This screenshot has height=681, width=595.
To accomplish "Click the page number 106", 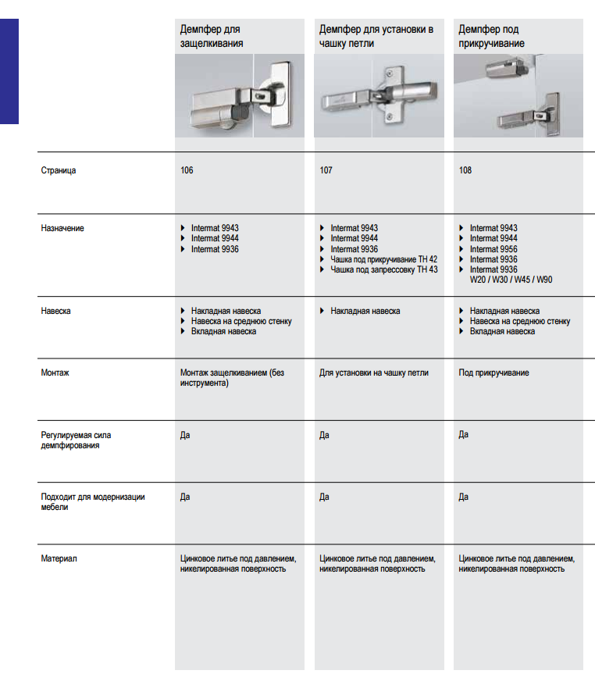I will [x=187, y=170].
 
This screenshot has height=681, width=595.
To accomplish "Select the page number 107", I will [x=326, y=170].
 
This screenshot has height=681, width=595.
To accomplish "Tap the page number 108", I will [x=465, y=170].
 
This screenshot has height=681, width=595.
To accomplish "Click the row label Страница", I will [x=59, y=170].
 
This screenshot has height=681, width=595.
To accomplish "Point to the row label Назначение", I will [x=62, y=228].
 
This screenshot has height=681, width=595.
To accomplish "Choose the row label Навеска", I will [x=56, y=311].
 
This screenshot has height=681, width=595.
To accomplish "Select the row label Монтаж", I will [x=55, y=373].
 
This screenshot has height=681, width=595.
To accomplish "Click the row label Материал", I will [x=59, y=558].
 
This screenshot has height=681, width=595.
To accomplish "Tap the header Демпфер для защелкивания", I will [x=212, y=37].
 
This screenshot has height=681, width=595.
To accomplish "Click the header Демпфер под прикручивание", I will [x=491, y=37].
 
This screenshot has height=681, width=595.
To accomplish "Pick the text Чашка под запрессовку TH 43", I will [x=384, y=269].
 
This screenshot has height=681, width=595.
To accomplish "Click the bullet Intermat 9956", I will [x=493, y=249].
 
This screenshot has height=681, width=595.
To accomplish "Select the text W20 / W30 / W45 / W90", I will [x=511, y=280].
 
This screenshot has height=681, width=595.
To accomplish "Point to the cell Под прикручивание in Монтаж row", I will [x=493, y=373].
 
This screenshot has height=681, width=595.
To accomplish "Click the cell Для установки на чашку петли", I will [x=374, y=373].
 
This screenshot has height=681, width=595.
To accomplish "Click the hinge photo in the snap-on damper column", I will [x=239, y=95].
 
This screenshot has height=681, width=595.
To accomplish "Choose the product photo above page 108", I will [x=518, y=95].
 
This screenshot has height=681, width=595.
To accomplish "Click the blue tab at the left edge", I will [x=9, y=70].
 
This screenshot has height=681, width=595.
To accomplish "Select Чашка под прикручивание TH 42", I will [x=383, y=259].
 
